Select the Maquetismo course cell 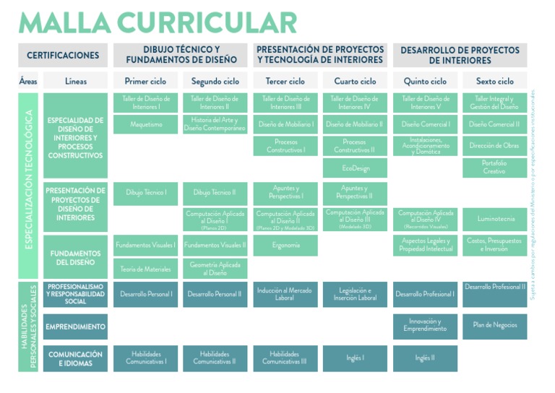pyautogui.click(x=145, y=124)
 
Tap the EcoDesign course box pyautogui.click(x=355, y=168)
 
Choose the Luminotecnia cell pyautogui.click(x=495, y=218)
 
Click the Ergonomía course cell pyautogui.click(x=285, y=246)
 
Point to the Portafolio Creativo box pyautogui.click(x=495, y=168)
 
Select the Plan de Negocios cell pyautogui.click(x=495, y=326)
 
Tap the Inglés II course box pyautogui.click(x=425, y=358)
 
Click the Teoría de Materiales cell pyautogui.click(x=145, y=269)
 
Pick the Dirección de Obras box pyautogui.click(x=495, y=146)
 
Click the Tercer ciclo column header pyautogui.click(x=285, y=82)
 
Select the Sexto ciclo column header pyautogui.click(x=495, y=82)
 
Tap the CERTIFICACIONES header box pyautogui.click(x=63, y=56)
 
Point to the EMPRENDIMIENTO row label pyautogui.click(x=75, y=327)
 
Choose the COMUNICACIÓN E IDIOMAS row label pyautogui.click(x=75, y=358)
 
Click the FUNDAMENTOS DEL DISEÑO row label pyautogui.click(x=75, y=258)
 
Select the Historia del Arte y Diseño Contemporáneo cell pyautogui.click(x=215, y=124)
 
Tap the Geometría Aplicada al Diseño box pyautogui.click(x=215, y=269)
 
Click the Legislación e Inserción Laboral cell pyautogui.click(x=355, y=294)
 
